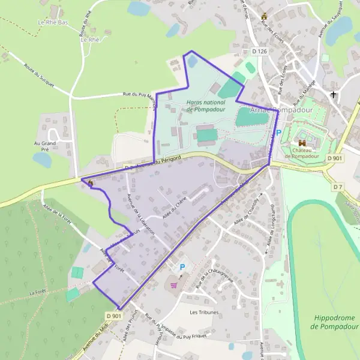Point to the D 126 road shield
coord(259,52)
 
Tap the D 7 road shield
coord(338,187)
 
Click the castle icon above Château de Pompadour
coord(302,143)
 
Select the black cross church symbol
coord(334,95)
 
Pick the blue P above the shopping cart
coord(182,266)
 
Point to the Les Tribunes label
coord(204,313)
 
